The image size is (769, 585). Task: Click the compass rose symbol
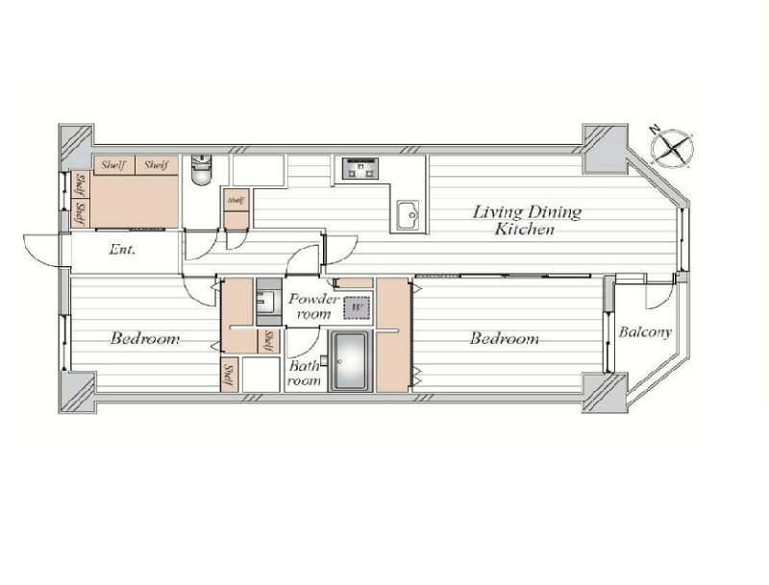coord(672,147)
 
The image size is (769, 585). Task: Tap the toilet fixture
coord(201,169)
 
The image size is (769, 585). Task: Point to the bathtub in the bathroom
coord(350,361)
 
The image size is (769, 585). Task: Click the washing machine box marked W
coord(357,308)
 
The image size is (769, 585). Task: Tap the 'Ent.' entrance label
coord(122,250)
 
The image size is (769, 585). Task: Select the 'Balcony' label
coord(645,331)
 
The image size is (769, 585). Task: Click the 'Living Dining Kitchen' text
coord(527,221)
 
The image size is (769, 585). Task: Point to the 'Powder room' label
coord(314,306)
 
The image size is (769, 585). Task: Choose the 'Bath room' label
coord(304,373)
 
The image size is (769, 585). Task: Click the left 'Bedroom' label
coord(145,338)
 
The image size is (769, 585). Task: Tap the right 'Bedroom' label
coord(505,338)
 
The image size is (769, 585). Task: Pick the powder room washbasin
coord(269,303)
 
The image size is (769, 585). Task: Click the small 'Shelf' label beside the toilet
coord(236,201)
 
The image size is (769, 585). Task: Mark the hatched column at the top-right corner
coord(605,149)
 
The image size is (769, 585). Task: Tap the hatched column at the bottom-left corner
coord(77,392)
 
